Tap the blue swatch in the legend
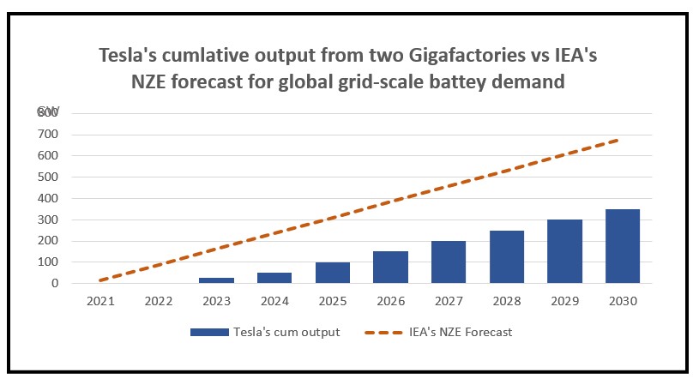tap(211, 333)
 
